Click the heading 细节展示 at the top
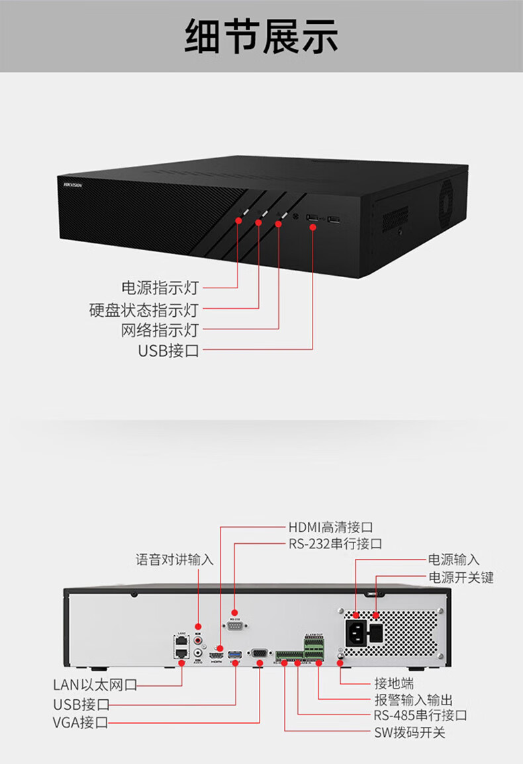point(261,36)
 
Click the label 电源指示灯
point(160,288)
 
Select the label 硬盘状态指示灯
point(144,310)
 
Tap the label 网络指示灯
point(160,330)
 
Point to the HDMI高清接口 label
point(330,527)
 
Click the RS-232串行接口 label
point(335,544)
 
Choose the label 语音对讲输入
point(175,560)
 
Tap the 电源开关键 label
point(461,577)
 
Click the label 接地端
point(394,683)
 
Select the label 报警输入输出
point(414,700)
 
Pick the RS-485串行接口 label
point(420,716)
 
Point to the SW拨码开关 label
point(410,732)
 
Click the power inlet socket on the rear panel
point(356,634)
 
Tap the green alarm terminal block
point(314,648)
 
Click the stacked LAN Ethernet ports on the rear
point(180,646)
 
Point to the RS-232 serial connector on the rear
point(235,627)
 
